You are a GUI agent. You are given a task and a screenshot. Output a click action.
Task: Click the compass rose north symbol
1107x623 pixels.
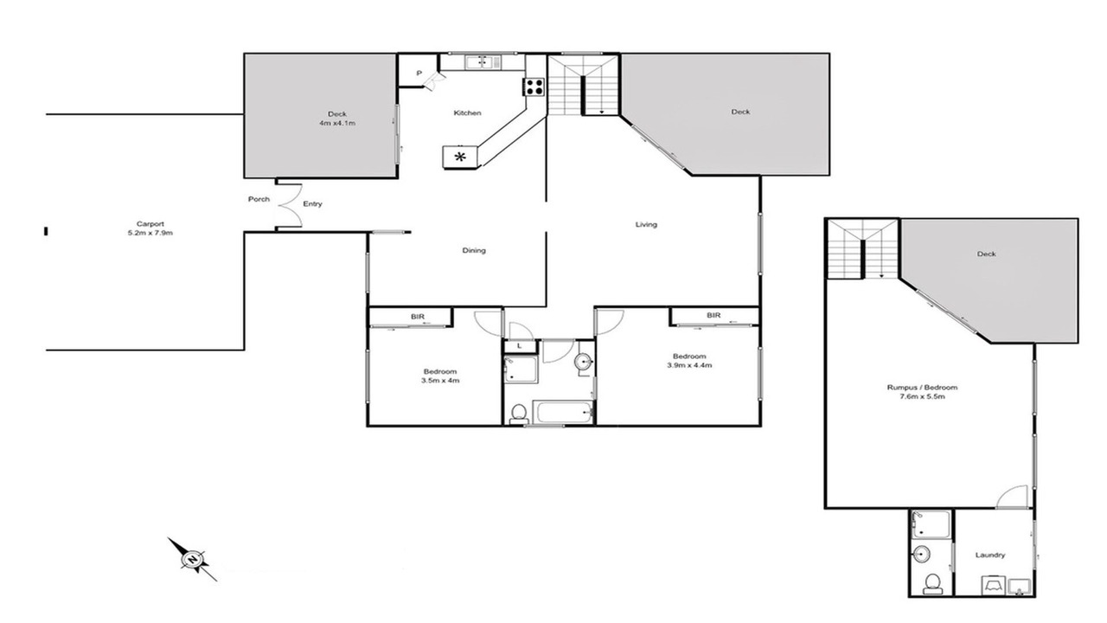click(x=192, y=559)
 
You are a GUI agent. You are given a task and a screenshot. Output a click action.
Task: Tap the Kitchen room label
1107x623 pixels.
click(x=467, y=113)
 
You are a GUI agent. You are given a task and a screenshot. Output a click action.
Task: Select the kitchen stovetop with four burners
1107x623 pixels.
click(x=534, y=87)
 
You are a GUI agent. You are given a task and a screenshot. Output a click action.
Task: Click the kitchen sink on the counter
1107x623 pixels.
click(x=483, y=62)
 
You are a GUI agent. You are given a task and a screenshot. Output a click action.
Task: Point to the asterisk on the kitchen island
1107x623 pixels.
click(x=460, y=157)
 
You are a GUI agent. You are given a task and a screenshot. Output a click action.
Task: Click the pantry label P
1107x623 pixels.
click(x=419, y=74)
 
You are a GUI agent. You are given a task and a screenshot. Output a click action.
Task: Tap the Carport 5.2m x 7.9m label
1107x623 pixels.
click(x=150, y=228)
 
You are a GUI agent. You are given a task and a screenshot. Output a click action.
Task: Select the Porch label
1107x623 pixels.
click(x=259, y=199)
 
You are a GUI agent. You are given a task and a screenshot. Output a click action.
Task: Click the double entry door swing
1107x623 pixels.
click(x=291, y=204)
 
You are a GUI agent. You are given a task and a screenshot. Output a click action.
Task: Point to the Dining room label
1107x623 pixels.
click(x=474, y=251)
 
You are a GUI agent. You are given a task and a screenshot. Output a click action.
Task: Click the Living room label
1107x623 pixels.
click(x=646, y=224)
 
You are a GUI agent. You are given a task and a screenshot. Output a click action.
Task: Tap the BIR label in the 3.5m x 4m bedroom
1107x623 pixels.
click(x=418, y=317)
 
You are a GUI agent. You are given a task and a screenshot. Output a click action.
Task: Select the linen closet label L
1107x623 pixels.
click(x=520, y=346)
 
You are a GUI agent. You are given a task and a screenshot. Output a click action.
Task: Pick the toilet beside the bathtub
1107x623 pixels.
click(x=518, y=414)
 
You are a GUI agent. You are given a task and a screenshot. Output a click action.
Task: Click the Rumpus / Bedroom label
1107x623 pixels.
click(x=922, y=392)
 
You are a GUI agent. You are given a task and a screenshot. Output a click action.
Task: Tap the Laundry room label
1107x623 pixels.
click(x=990, y=556)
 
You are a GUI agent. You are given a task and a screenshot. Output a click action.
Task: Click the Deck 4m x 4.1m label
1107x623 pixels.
click(x=337, y=119)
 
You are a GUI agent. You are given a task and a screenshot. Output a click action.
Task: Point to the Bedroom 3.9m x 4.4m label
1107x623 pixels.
click(x=689, y=361)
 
